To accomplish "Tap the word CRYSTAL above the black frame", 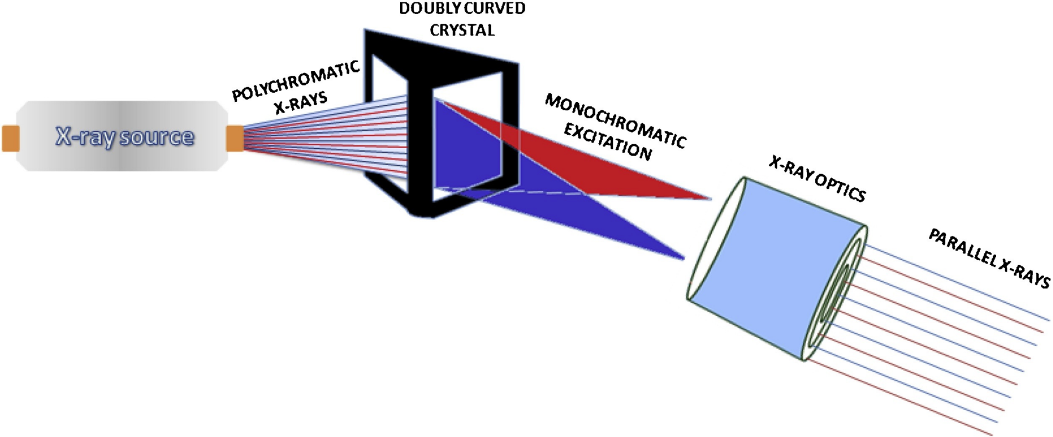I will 462,31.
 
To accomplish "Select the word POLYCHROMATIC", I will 296,81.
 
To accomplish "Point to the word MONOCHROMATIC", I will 615,120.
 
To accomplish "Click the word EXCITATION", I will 607,142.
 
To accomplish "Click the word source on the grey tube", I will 157,136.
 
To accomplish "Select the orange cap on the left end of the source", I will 11,139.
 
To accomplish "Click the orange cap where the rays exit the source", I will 234,139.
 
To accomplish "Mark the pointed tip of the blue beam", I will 682,258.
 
